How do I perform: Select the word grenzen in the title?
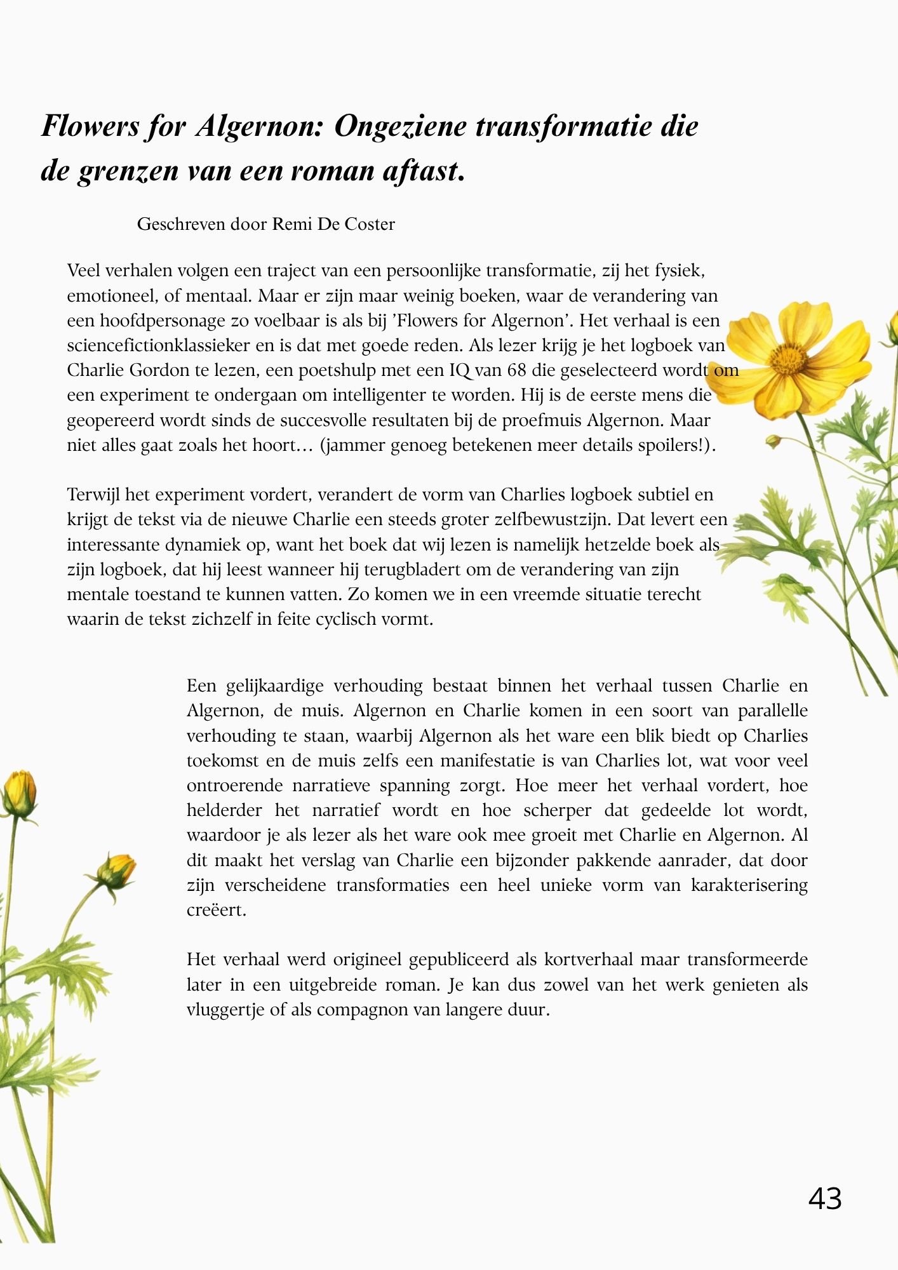pos(128,171)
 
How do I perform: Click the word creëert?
pos(216,910)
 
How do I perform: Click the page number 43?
pos(825,1199)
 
